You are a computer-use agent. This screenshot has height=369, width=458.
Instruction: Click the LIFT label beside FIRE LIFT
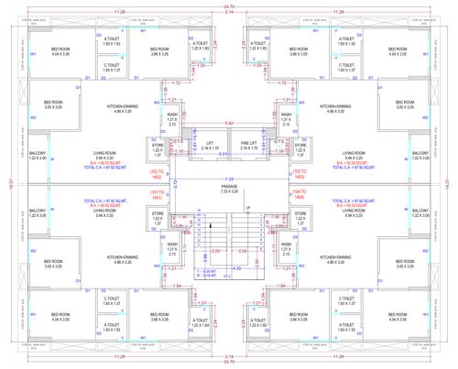point(210,143)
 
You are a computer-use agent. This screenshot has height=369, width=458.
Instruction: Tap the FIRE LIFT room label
point(248,143)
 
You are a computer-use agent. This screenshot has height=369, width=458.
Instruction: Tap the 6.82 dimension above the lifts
point(229,122)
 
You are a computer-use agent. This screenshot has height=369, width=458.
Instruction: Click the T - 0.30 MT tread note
point(209,270)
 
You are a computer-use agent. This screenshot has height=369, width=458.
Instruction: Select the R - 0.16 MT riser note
point(209,275)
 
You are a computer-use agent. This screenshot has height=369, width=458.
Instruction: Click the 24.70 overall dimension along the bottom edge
point(229,363)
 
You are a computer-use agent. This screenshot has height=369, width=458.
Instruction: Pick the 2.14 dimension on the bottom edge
point(229,354)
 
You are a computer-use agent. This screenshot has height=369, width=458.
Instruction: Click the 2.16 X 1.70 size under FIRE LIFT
point(248,147)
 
